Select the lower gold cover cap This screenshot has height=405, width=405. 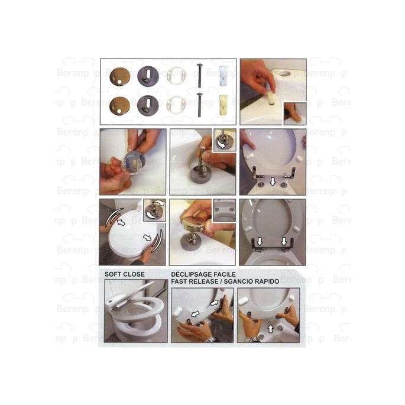pyautogui.click(x=120, y=105)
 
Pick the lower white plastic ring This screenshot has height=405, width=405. pyautogui.click(x=177, y=105)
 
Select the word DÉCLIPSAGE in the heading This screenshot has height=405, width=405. pyautogui.click(x=192, y=274)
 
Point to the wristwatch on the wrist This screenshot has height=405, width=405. pyautogui.click(x=209, y=338)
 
